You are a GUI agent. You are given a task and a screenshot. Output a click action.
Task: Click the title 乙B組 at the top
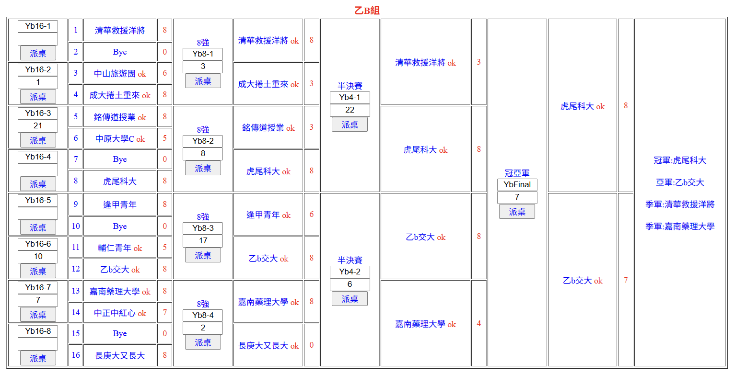coord(367,11)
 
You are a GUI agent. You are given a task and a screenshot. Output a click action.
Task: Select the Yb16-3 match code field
coord(38,113)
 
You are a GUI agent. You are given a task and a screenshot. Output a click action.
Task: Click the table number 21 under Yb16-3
coord(38,125)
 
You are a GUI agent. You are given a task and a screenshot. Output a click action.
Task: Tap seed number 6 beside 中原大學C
coord(76,138)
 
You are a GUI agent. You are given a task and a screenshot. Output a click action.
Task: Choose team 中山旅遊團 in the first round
coord(115,74)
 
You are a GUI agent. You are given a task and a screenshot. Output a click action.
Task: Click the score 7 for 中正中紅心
coord(165,313)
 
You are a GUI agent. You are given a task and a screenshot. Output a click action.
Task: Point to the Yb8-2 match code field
coord(203,141)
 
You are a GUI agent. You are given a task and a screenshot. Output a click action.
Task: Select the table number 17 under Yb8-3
coord(203,240)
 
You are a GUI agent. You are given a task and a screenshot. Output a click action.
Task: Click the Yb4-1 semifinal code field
coord(350,98)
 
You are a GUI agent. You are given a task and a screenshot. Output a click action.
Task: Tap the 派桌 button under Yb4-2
coord(350,299)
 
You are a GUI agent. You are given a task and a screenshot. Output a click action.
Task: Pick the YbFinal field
coord(517,184)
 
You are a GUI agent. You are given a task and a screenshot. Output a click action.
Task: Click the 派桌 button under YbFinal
coord(517,212)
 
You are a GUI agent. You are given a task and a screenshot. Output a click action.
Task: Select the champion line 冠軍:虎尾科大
coord(680,160)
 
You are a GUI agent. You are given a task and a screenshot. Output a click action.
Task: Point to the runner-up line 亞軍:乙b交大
coord(680,182)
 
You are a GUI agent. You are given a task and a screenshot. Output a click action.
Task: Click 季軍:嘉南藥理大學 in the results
coord(680,226)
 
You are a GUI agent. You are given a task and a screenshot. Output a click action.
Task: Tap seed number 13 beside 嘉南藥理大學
coord(76,291)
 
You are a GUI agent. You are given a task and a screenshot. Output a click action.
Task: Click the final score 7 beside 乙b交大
coord(626,280)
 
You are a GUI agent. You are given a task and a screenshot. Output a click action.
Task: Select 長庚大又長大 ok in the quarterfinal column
coord(268,346)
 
